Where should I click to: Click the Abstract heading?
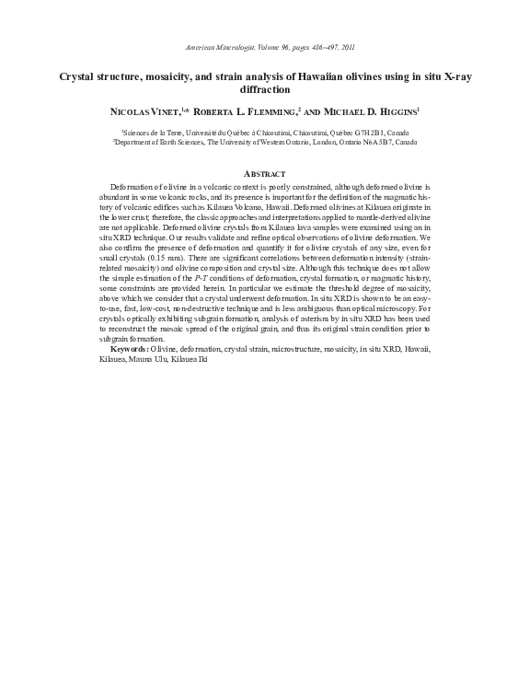264,174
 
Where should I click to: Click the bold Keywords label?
130,349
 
